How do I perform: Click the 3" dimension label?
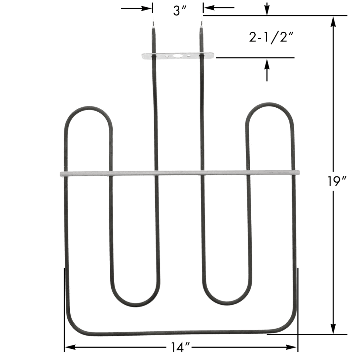(180, 11)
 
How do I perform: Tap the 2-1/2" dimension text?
(271, 37)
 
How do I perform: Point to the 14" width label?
(180, 347)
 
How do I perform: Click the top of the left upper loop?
(89, 108)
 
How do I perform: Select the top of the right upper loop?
(269, 104)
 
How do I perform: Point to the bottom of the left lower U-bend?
(136, 305)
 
